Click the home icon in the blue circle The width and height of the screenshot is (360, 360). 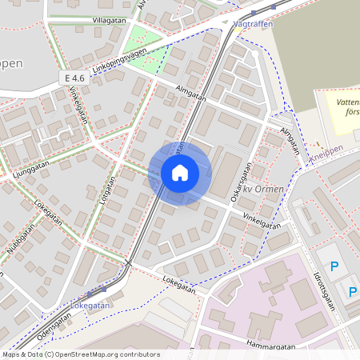(180, 173)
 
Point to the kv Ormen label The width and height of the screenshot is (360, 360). (266, 190)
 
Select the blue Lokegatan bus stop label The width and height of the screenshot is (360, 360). (90, 305)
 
